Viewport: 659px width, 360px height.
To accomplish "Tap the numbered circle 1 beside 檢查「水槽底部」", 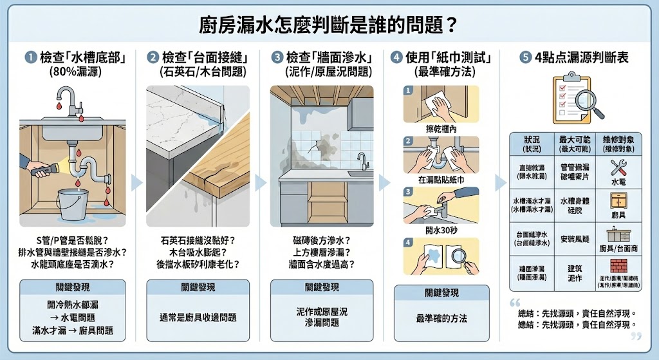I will pos(30,58).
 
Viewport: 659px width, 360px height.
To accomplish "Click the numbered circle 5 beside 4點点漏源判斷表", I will pos(526,58).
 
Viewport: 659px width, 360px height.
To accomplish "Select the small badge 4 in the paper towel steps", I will pos(407,243).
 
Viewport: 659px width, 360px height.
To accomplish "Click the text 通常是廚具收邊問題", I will pos(198,317).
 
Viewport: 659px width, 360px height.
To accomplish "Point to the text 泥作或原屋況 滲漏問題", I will pos(321,316).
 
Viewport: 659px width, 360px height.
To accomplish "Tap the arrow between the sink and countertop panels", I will pos(136,183).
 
